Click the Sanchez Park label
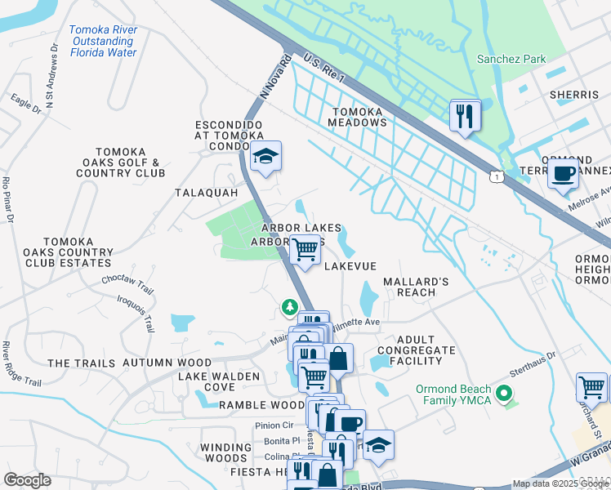pyautogui.click(x=511, y=60)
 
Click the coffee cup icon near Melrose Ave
pyautogui.click(x=562, y=173)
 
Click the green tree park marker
pyautogui.click(x=289, y=307)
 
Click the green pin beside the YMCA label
pyautogui.click(x=506, y=396)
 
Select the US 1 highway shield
pyautogui.click(x=496, y=176)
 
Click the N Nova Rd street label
pyautogui.click(x=276, y=78)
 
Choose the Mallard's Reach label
pyautogui.click(x=417, y=287)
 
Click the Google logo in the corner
pyautogui.click(x=28, y=479)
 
